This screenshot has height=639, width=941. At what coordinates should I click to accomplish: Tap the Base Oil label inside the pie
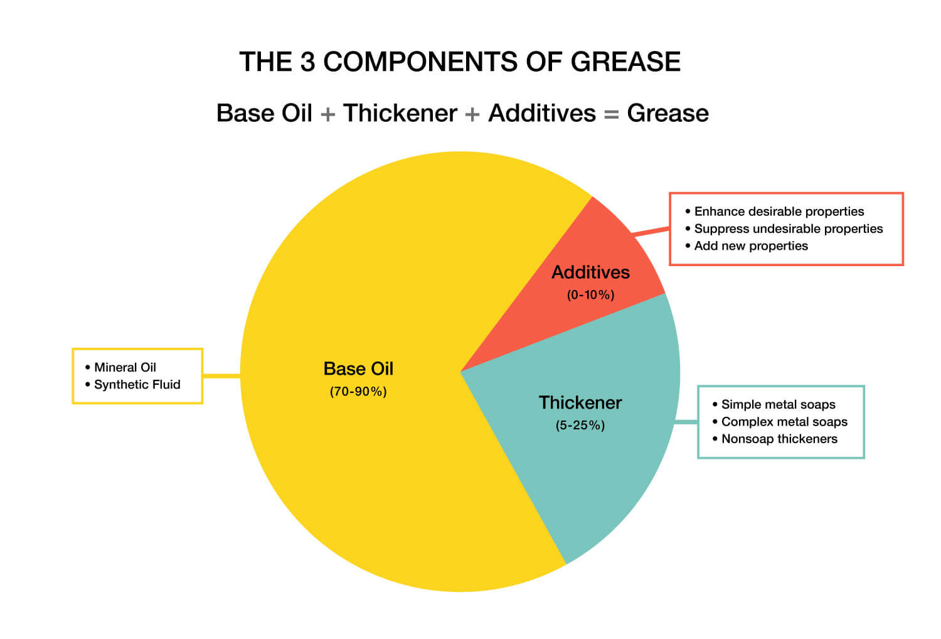click(358, 368)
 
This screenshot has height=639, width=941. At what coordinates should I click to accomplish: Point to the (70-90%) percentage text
click(358, 392)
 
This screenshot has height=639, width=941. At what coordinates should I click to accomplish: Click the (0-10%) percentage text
click(590, 295)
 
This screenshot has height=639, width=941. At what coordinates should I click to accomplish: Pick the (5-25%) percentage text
click(580, 426)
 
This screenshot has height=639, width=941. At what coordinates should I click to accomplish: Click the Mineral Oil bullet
click(125, 367)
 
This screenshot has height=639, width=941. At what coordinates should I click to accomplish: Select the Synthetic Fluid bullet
click(137, 384)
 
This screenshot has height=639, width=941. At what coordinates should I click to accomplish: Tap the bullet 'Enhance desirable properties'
click(779, 212)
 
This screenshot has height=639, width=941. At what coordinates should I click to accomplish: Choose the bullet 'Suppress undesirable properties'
click(788, 228)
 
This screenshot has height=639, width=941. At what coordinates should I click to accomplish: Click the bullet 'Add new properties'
click(751, 245)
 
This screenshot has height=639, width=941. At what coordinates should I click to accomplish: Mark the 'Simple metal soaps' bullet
click(778, 404)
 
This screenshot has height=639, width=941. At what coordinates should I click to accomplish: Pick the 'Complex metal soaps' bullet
click(784, 422)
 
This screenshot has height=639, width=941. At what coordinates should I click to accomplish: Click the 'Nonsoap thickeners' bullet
click(779, 439)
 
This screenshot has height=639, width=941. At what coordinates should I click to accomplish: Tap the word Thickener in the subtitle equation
click(400, 114)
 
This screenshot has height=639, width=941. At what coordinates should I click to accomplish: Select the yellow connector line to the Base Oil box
click(221, 375)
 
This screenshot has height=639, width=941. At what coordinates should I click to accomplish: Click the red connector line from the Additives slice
click(651, 232)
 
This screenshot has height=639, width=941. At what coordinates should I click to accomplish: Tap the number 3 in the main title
click(307, 62)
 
